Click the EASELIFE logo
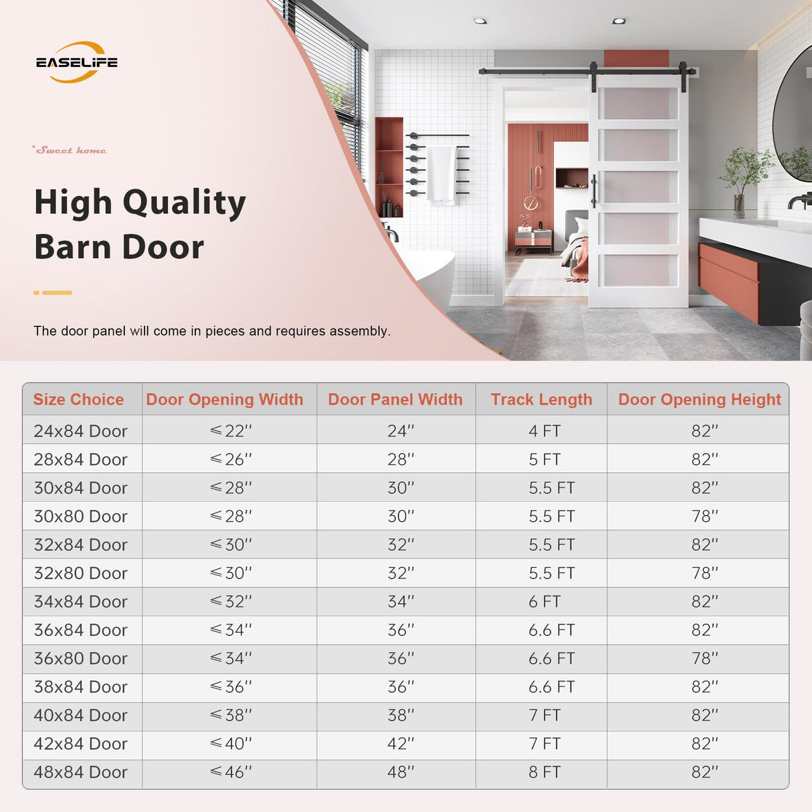click(76, 62)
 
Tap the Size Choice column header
click(78, 399)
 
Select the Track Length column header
click(541, 399)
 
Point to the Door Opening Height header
click(699, 399)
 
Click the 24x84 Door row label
click(80, 431)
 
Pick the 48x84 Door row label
click(80, 772)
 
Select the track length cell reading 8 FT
click(544, 772)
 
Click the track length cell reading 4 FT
click(544, 431)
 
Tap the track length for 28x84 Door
click(544, 460)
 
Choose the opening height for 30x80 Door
click(704, 516)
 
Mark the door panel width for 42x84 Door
click(401, 744)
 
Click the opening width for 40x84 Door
click(231, 715)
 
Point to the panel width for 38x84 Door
click(401, 687)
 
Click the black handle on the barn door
click(593, 191)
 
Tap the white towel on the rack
click(441, 173)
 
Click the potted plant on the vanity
click(742, 177)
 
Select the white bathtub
click(429, 274)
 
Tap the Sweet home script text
click(70, 150)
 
